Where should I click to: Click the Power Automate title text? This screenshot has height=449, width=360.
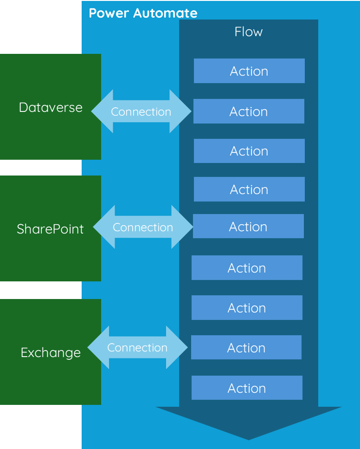(x=143, y=13)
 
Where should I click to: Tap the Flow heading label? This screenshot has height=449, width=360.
(x=249, y=32)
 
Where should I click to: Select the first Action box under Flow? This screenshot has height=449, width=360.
(x=249, y=71)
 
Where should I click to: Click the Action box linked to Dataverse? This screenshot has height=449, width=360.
(x=249, y=111)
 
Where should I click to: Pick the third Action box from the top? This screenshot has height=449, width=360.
(x=249, y=151)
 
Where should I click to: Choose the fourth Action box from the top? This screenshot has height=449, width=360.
(x=249, y=189)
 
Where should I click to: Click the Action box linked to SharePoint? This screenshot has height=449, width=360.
(x=248, y=227)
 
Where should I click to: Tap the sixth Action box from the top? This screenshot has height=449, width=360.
(x=247, y=268)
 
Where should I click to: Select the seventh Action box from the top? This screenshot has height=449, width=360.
(x=247, y=308)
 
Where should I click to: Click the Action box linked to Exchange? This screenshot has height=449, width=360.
(x=246, y=348)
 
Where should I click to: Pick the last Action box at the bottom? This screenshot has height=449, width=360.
(x=247, y=388)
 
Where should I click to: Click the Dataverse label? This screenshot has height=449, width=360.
(x=51, y=107)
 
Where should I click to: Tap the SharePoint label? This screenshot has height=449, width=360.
(x=50, y=229)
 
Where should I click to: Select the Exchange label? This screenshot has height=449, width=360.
(x=51, y=352)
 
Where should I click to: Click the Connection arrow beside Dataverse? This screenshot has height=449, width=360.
(x=141, y=112)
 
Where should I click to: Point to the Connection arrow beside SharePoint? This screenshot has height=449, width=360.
(x=143, y=228)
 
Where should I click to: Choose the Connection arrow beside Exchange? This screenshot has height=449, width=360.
(x=137, y=348)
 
